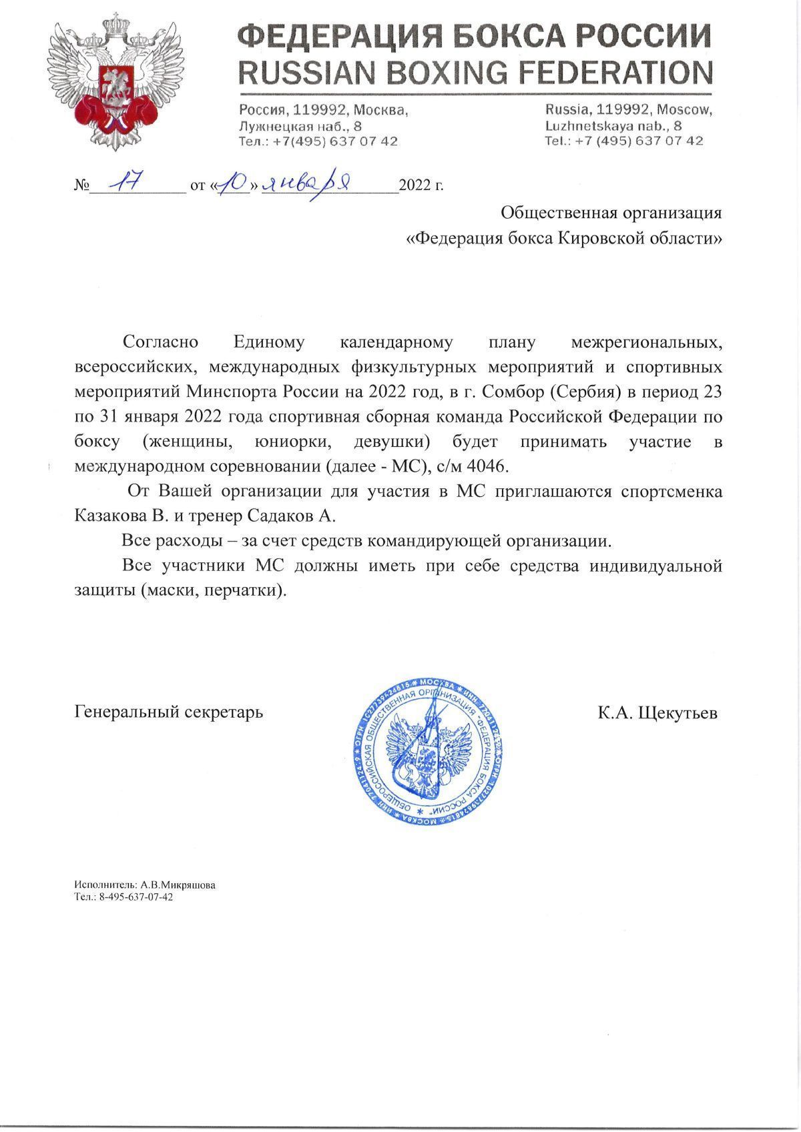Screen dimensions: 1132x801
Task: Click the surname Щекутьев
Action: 678,712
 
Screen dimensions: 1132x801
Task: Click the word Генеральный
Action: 125,712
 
